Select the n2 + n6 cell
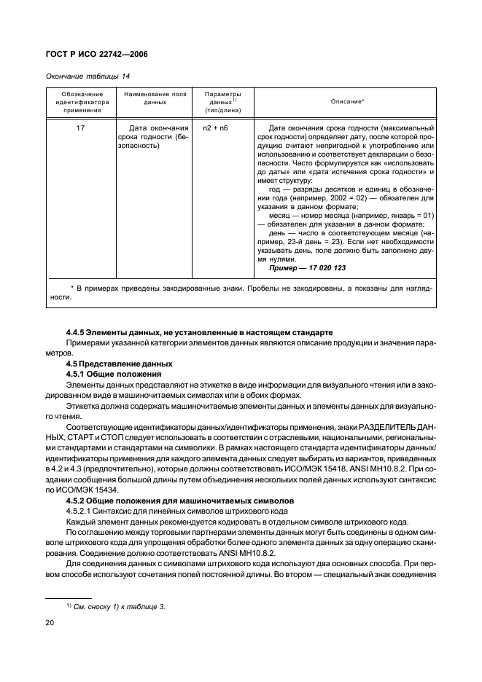217,128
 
